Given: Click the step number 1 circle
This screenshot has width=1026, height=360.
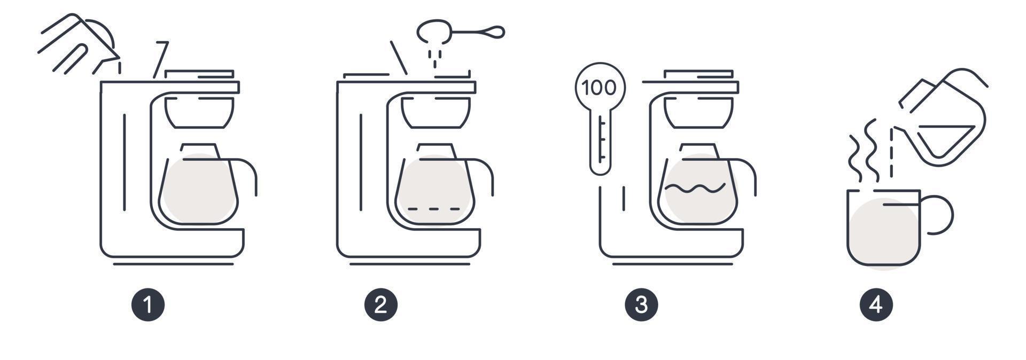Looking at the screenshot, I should [148, 305].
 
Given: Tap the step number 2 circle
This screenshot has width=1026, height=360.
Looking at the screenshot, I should [381, 305].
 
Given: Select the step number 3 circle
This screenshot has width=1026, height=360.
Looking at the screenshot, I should [641, 305].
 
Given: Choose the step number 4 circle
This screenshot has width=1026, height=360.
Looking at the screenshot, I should [876, 305].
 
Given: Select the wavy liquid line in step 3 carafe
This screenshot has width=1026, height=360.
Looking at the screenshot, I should [695, 187].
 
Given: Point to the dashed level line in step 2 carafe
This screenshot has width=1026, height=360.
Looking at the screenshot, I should [433, 208].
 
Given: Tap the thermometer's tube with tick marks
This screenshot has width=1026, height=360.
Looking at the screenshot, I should [600, 142].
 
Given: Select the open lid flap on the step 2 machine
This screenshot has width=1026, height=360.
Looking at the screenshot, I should [399, 58].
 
